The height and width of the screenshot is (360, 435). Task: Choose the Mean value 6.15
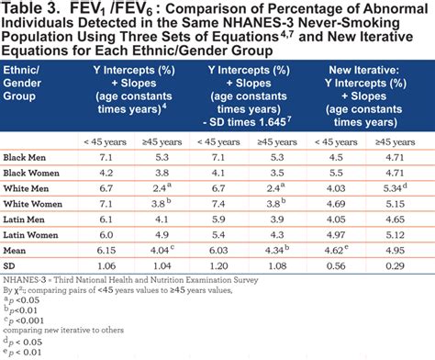coord(106,250)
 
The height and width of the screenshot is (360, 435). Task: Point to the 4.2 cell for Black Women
coord(106,172)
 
